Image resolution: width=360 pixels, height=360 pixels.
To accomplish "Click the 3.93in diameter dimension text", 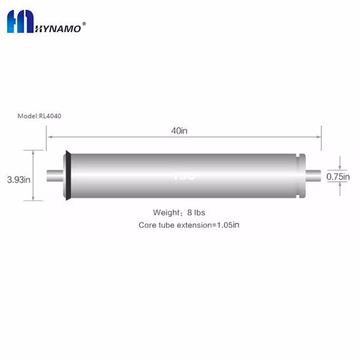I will (18, 179).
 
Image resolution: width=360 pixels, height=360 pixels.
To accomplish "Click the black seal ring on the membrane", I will (66, 175).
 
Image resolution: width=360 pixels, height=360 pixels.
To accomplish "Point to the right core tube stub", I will (313, 175).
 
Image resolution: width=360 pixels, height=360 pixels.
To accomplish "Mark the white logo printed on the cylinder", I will (181, 175).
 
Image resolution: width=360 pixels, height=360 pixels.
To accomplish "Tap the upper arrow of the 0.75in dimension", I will (340, 166).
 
